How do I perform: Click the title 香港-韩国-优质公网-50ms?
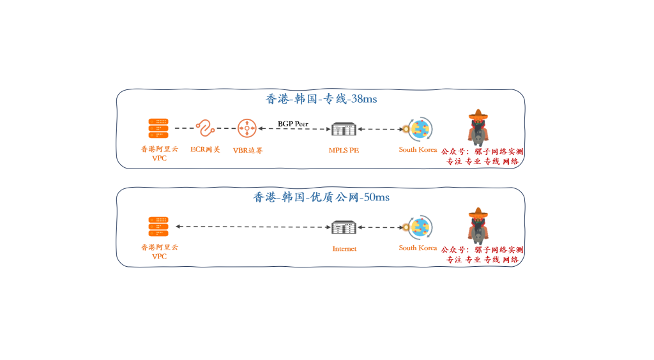[x=321, y=197]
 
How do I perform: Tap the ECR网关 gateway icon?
[x=205, y=128]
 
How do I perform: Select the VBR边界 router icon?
[x=246, y=128]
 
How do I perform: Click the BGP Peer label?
[x=293, y=123]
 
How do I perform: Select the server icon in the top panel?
[x=159, y=128]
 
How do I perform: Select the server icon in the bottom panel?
[x=159, y=227]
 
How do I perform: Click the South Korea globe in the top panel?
[x=420, y=129]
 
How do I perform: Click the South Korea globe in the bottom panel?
[x=420, y=227]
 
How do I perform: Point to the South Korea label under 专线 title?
[x=418, y=149]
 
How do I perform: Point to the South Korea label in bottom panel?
[x=418, y=248]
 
